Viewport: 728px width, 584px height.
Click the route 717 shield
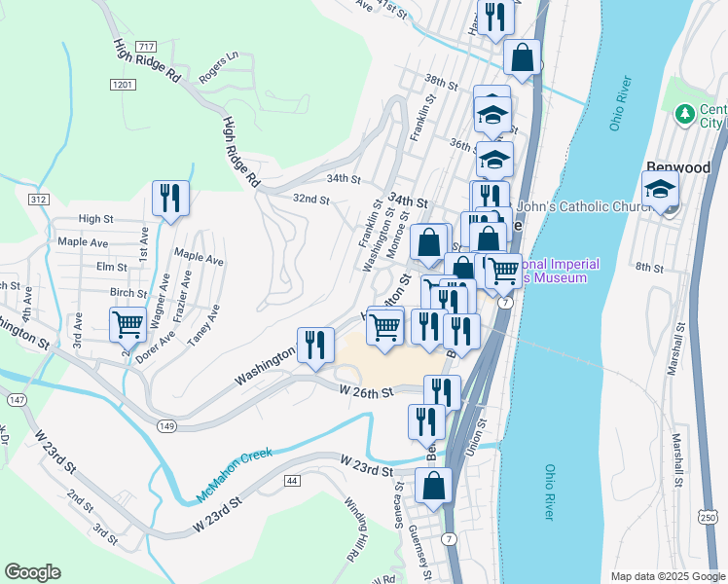(147, 47)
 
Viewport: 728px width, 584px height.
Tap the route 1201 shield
(123, 86)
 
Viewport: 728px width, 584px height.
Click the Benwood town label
(678, 167)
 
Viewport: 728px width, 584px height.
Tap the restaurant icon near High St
(171, 198)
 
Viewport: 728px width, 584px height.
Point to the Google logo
(32, 572)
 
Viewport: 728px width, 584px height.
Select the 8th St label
(648, 267)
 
